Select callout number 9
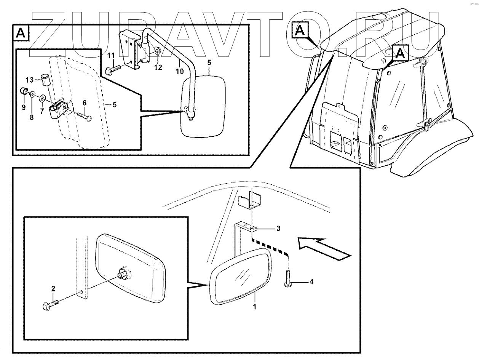coord(24,107)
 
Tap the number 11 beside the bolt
coord(111,56)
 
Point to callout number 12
coord(158,67)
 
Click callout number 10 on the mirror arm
coord(180,70)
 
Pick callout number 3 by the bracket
coord(278,229)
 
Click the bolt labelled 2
coord(51,305)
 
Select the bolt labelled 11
coord(113,70)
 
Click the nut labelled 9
coord(24,92)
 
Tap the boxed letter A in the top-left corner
coord(21,34)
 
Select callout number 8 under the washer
coord(32,117)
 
